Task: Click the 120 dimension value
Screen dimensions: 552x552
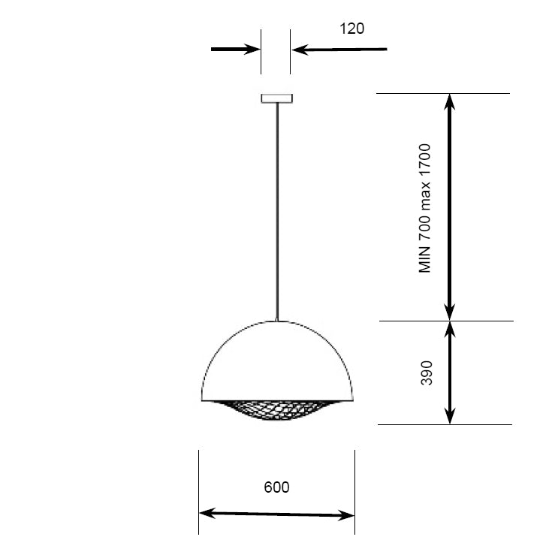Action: (x=351, y=29)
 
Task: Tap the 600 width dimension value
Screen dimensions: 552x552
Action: (x=276, y=487)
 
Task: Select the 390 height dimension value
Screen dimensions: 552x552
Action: (x=427, y=373)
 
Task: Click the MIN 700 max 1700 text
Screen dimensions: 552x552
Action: (x=426, y=208)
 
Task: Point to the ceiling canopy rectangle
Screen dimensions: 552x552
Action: (x=276, y=98)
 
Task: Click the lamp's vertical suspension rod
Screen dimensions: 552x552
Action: (x=277, y=210)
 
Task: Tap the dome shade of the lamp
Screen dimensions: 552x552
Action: (x=276, y=360)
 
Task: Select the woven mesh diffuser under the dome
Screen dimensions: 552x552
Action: (x=276, y=410)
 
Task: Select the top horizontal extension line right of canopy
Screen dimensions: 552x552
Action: (x=443, y=93)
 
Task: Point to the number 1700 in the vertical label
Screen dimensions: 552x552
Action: (x=426, y=158)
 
